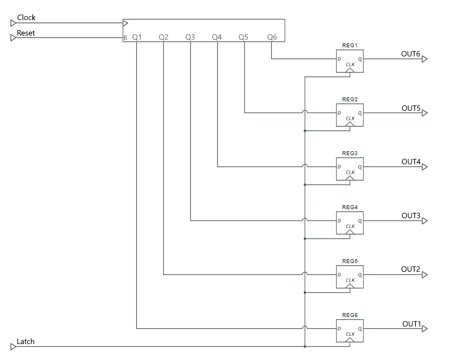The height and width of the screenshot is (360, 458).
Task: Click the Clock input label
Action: click(x=26, y=18)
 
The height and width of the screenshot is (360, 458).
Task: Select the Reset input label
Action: click(x=26, y=33)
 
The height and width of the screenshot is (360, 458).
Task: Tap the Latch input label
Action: click(x=25, y=342)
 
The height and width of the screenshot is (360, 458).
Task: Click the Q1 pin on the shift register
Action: click(x=137, y=37)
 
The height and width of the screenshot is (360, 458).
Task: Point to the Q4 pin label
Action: click(x=217, y=37)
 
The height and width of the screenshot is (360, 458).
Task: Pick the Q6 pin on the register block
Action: click(x=272, y=37)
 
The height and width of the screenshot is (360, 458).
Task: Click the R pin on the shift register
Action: click(x=126, y=38)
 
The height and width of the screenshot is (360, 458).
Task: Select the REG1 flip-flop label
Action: click(x=350, y=45)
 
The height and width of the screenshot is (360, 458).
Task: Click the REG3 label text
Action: click(x=350, y=153)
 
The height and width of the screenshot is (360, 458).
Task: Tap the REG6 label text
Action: click(x=350, y=315)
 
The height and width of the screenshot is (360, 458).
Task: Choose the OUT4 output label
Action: click(x=411, y=162)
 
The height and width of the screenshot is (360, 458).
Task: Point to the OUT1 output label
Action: click(x=411, y=324)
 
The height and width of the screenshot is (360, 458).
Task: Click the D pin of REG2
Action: click(x=339, y=113)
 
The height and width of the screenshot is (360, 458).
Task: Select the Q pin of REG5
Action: click(x=360, y=275)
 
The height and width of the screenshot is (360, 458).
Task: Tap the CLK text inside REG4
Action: click(x=350, y=226)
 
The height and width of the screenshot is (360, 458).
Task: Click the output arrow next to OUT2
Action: click(x=425, y=275)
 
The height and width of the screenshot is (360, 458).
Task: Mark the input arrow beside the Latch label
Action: click(x=13, y=347)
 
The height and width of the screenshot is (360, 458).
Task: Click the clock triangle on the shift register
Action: click(x=126, y=23)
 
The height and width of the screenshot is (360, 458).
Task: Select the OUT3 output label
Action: click(x=411, y=216)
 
